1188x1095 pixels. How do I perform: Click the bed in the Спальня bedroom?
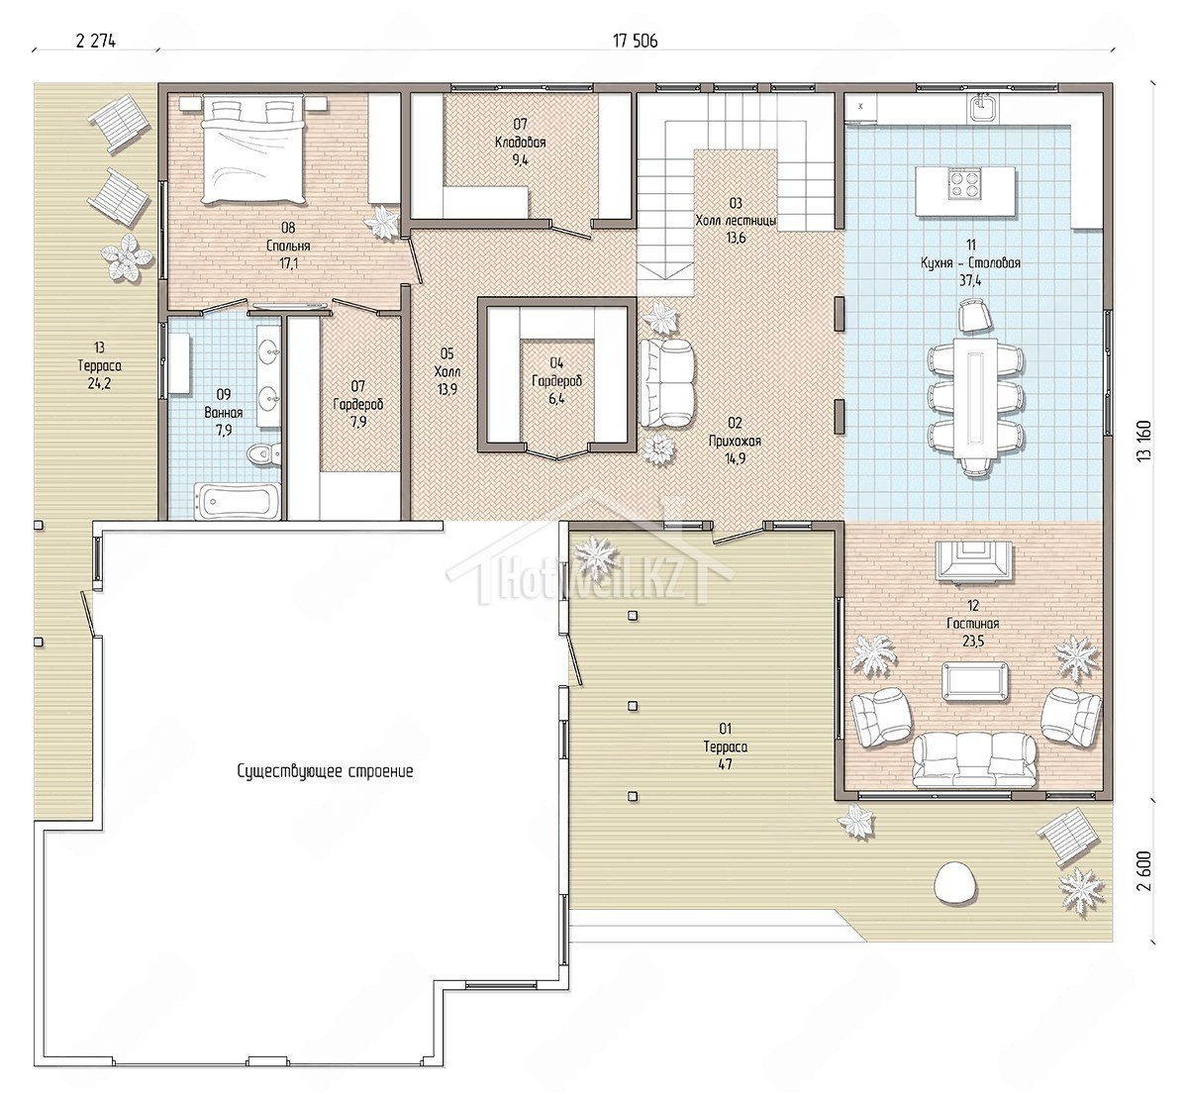point(252,151)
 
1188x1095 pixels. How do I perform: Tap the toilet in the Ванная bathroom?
point(263,453)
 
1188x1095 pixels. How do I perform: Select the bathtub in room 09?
point(237,502)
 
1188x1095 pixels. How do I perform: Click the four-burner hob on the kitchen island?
point(966,182)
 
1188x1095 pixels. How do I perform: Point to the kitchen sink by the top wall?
point(983,108)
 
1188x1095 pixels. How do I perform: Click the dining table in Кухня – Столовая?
point(975,398)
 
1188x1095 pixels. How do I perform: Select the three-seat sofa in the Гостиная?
point(975,760)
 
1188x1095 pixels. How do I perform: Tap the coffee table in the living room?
point(975,682)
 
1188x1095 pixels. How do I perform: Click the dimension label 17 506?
point(635,41)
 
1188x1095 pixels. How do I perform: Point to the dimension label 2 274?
point(96,41)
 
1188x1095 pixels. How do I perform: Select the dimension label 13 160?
point(1144,441)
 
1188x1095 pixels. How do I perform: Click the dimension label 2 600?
point(1144,870)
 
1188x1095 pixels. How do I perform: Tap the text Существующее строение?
point(325,771)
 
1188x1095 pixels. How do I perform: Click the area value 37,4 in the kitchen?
point(970,280)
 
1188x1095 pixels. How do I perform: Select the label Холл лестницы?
point(736,221)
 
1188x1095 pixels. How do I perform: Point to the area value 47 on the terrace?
point(725,764)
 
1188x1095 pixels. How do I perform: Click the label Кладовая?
point(520,143)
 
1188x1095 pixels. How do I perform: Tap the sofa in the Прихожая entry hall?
point(666,383)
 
